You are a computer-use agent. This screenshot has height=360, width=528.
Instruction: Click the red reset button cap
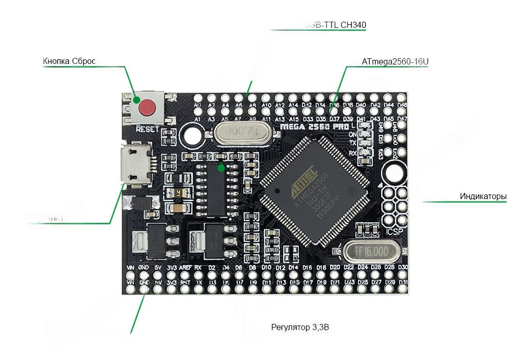pos(147,107)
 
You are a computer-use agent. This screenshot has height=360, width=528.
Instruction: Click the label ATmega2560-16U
pos(395,62)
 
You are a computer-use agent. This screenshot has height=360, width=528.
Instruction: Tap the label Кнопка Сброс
pos(69,61)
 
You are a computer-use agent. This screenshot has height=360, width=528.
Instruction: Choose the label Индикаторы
pos(483,197)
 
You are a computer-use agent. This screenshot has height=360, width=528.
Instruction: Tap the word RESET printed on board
pos(147,129)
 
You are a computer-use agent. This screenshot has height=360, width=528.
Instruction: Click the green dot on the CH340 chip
pos(221,168)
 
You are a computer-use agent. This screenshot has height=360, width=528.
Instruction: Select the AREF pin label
pos(185,268)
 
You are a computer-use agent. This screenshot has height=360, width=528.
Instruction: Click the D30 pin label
pos(403,267)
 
